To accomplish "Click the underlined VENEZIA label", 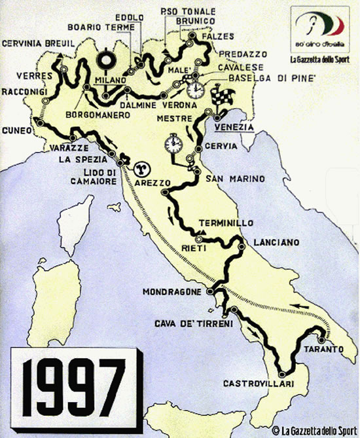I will [x=234, y=127].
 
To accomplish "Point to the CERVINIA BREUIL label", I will [x=38, y=43].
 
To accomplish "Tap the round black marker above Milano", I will [x=105, y=61].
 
